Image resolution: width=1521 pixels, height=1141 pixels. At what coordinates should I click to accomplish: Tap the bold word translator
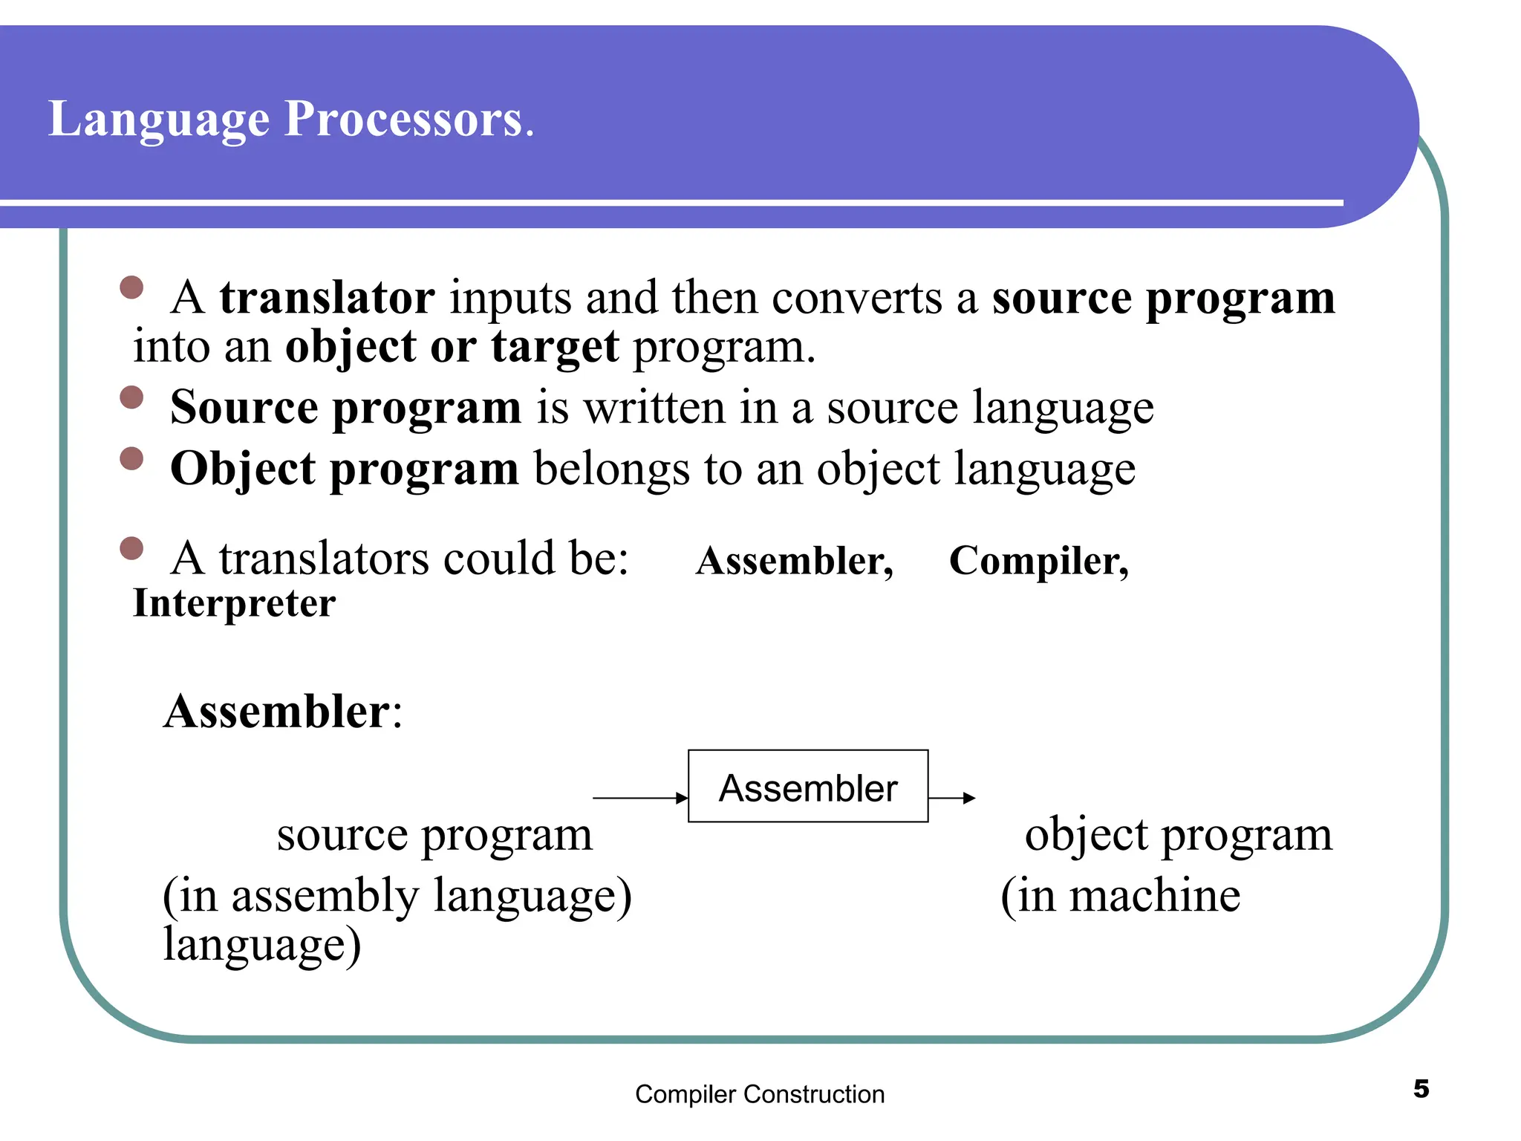(x=327, y=298)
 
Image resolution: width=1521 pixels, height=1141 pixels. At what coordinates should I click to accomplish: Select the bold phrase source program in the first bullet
(x=1163, y=298)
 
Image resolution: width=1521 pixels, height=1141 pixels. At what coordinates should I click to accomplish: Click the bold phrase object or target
(x=452, y=347)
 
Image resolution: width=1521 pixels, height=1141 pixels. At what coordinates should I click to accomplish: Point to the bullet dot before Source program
(x=131, y=397)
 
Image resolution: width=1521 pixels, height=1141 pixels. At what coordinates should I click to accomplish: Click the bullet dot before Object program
(x=131, y=458)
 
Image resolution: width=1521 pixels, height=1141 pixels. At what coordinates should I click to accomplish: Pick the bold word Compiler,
(x=1038, y=561)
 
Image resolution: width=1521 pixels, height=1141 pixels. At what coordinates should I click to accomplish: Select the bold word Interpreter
(x=234, y=603)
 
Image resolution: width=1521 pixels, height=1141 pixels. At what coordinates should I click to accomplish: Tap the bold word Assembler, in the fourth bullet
(x=794, y=561)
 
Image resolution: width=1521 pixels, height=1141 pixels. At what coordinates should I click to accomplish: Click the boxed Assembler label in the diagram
(x=808, y=787)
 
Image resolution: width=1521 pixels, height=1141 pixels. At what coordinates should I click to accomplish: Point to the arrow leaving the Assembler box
(x=951, y=798)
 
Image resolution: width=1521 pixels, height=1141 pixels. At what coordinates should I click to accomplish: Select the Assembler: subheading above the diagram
(x=282, y=712)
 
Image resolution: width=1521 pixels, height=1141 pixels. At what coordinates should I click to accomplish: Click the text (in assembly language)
(x=397, y=895)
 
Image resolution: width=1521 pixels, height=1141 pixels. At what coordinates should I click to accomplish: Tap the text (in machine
(x=1120, y=895)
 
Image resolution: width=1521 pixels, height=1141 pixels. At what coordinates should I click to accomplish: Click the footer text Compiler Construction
(x=760, y=1094)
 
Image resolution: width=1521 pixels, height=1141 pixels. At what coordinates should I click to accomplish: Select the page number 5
(x=1421, y=1089)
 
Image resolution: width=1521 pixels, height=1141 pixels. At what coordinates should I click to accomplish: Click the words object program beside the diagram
(x=1178, y=835)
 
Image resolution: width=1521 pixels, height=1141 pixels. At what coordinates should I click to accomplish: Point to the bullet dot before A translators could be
(x=131, y=549)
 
